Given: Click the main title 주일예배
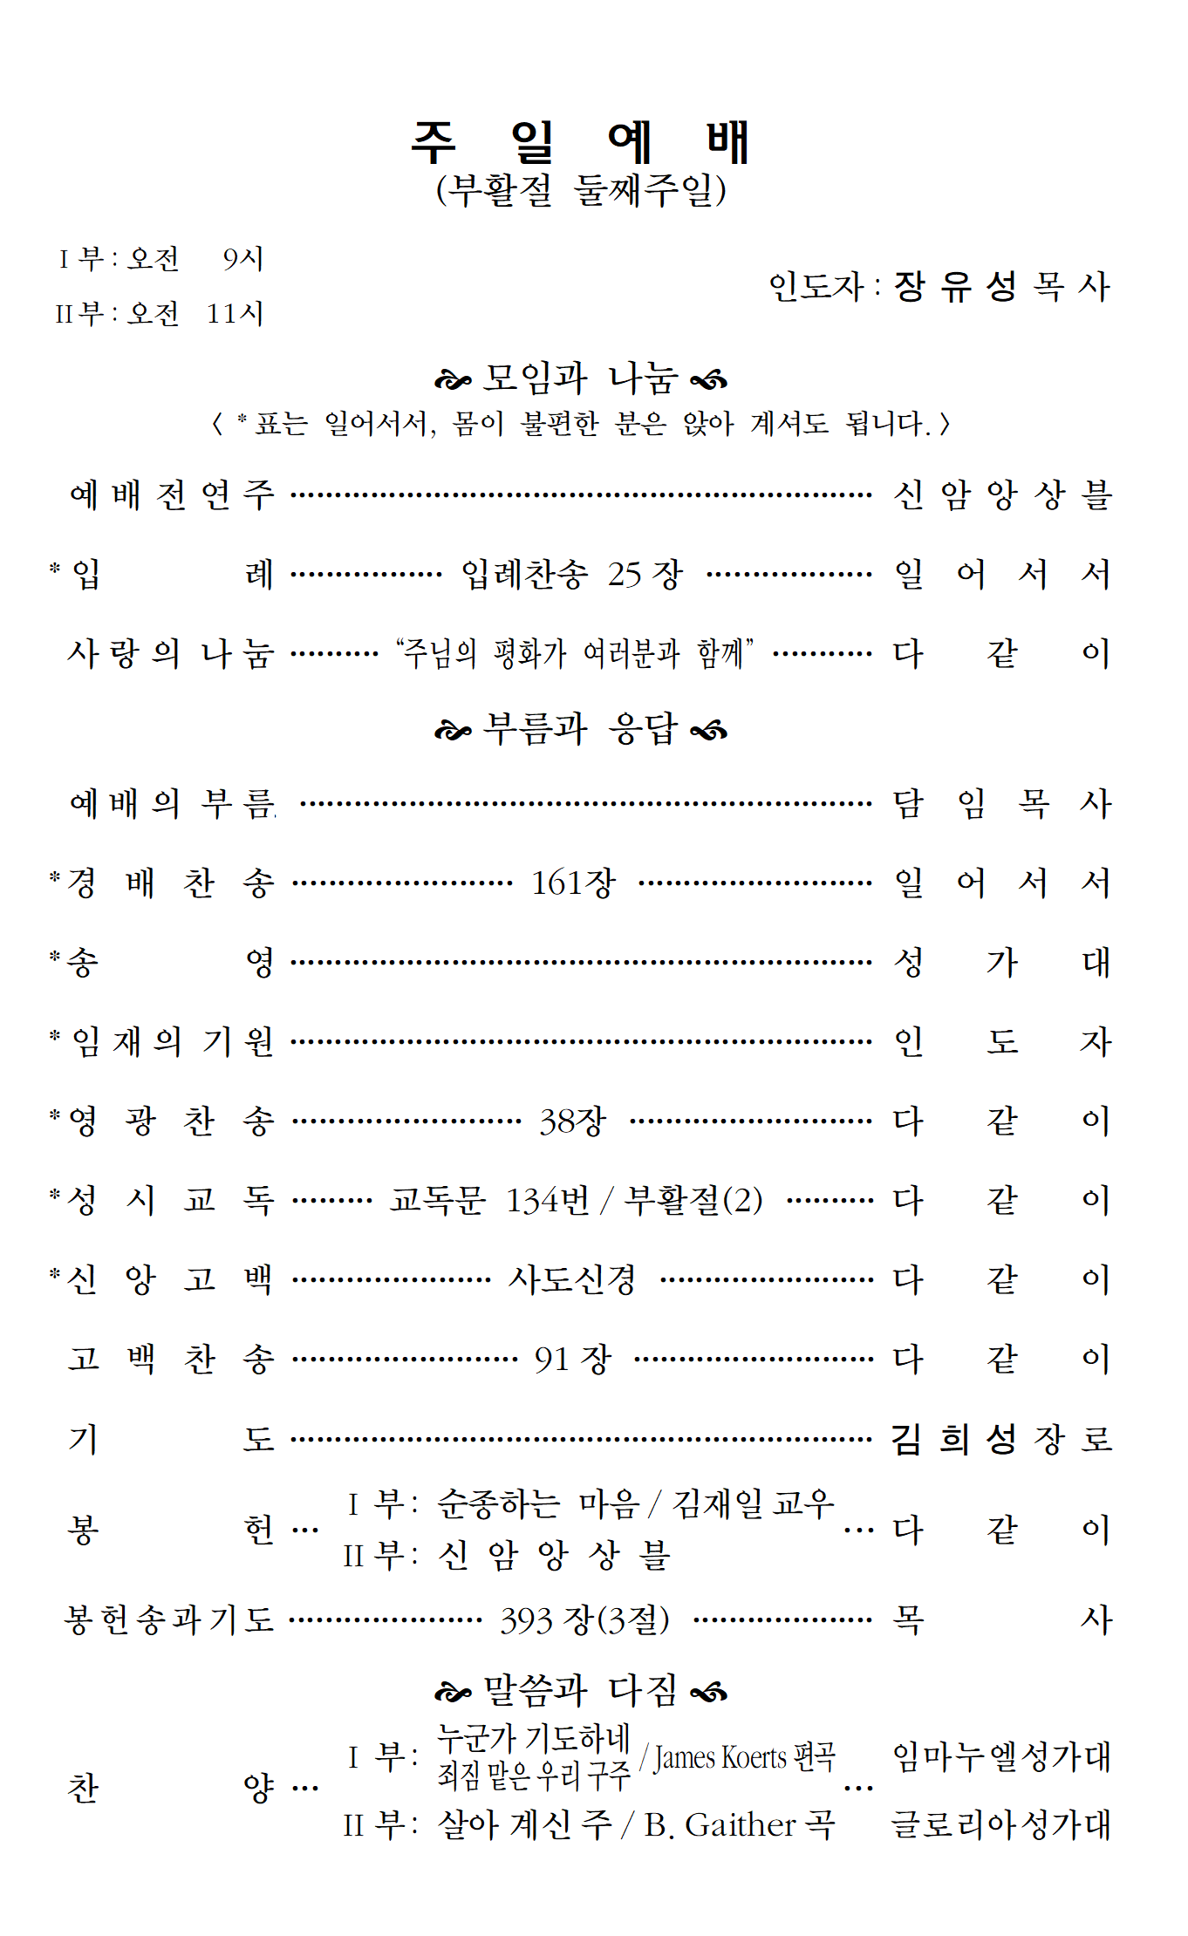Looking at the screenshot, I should click(581, 142).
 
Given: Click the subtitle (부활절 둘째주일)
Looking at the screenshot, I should click(581, 190).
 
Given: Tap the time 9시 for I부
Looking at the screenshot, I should click(242, 259).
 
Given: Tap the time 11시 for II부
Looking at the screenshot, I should click(235, 313).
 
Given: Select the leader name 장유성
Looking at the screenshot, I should click(955, 286).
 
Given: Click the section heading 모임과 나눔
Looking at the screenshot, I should click(580, 378).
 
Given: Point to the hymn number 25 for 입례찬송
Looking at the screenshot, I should click(625, 575).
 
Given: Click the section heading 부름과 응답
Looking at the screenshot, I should click(580, 729).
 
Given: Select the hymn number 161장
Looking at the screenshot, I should click(574, 883).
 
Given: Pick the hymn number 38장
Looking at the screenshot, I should click(572, 1121).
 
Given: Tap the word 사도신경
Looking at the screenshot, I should click(572, 1280).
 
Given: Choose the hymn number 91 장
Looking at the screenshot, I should click(573, 1359).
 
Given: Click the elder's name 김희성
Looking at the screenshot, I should click(953, 1439).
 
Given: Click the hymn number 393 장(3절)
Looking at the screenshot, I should click(584, 1620).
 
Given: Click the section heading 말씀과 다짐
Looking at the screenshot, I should click(580, 1691).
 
